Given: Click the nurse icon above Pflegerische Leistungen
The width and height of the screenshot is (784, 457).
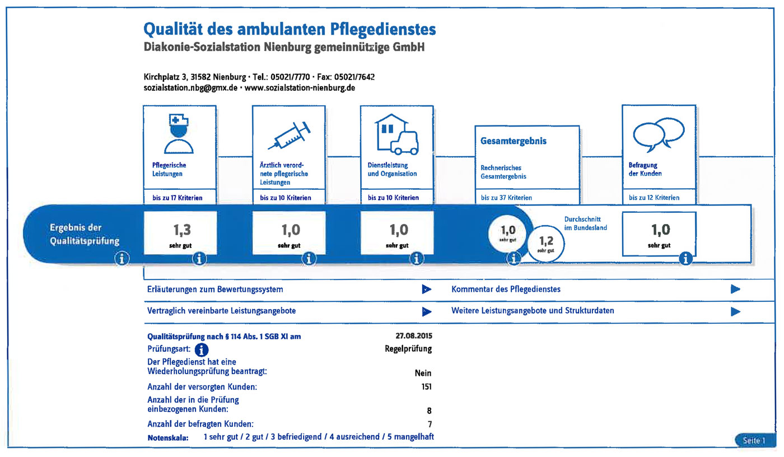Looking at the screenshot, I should point(179,134).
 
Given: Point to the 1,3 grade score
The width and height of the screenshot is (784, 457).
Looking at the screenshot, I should point(179,230).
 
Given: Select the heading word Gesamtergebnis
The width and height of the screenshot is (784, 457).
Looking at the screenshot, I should point(514,141).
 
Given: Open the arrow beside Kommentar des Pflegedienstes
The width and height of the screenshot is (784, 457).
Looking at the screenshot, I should point(735,289).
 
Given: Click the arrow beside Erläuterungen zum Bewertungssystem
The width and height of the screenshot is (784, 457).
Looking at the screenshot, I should point(427,290).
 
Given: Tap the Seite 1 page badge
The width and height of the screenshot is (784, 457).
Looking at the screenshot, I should point(754,440).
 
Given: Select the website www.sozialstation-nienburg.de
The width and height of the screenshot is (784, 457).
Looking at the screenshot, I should point(300,88).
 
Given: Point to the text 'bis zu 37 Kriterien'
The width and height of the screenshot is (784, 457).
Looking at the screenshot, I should point(506,198).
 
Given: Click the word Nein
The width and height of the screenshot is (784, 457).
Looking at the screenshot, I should point(422,374).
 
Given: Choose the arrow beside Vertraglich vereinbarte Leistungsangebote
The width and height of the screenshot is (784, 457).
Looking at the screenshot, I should point(427,311).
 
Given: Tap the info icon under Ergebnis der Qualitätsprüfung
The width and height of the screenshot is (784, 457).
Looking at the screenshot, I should point(122,258).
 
